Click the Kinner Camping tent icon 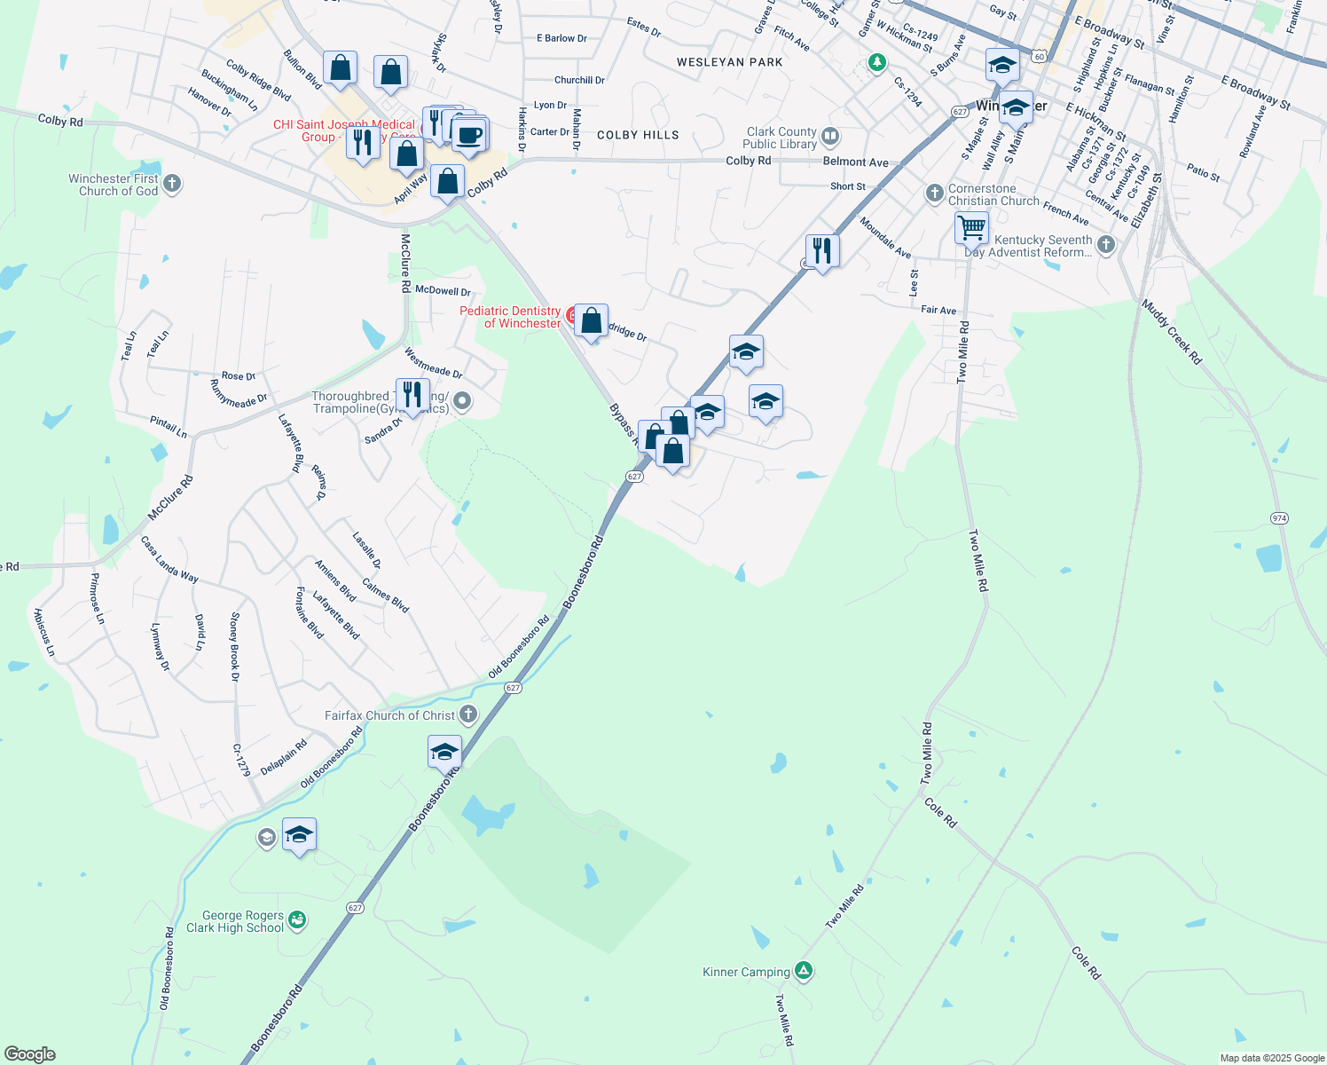804,970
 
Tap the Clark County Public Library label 781,138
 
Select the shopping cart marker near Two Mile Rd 971,227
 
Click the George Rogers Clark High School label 235,921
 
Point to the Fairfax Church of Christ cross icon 468,714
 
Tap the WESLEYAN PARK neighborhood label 729,62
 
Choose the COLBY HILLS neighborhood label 638,135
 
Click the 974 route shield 1279,518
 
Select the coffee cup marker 469,135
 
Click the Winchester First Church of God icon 172,184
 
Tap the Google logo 29,1054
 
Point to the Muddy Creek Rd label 1172,332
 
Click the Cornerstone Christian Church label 993,194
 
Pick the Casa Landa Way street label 169,558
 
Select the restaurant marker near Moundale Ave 822,251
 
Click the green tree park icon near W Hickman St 876,62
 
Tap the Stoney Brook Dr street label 235,646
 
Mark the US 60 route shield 1040,56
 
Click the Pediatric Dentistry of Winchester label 510,317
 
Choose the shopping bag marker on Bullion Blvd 340,67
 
